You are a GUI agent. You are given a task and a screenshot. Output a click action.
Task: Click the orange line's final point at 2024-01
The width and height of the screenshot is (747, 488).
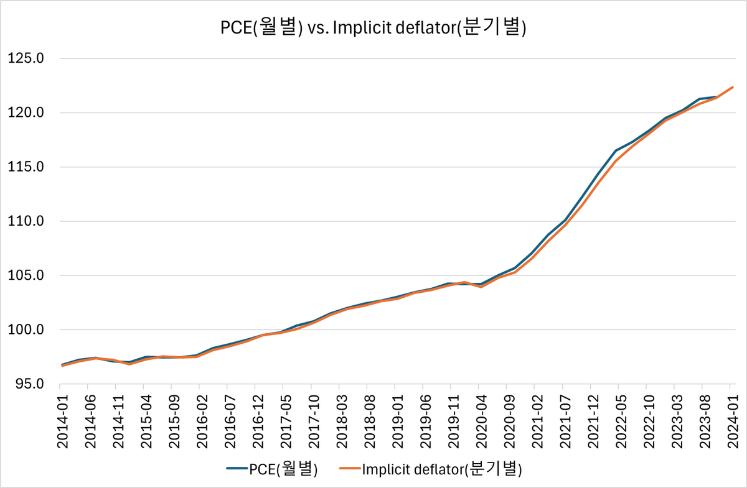coord(733,87)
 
